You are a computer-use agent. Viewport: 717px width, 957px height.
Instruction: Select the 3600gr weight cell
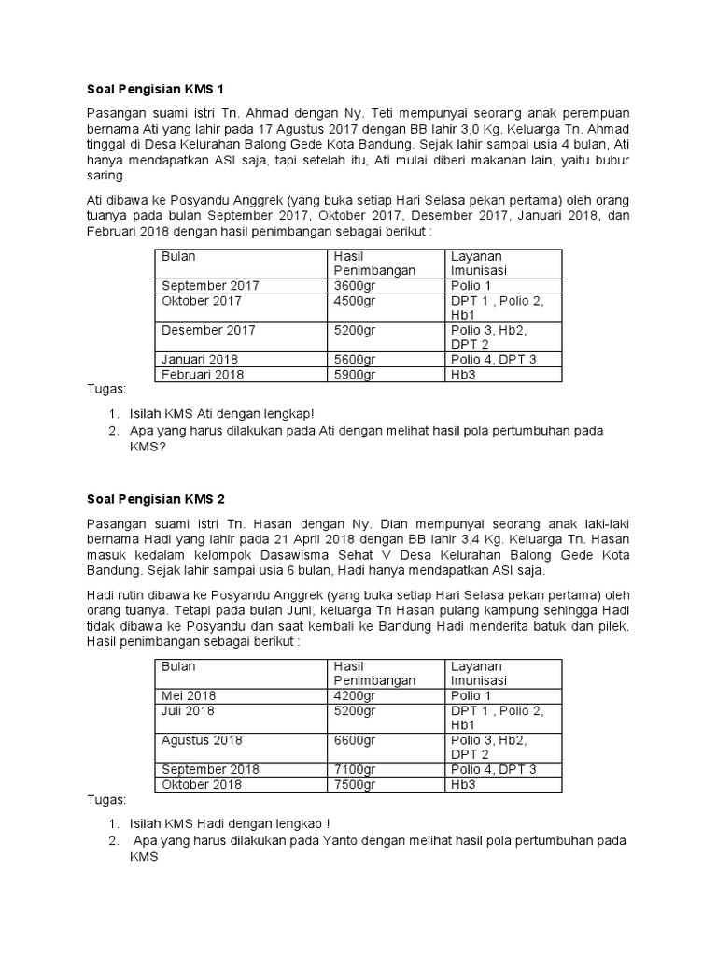[355, 286]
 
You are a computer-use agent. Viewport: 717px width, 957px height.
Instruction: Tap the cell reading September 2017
[210, 286]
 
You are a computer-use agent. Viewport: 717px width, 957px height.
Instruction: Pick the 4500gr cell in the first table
[355, 301]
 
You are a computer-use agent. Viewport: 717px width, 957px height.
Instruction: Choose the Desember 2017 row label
[208, 330]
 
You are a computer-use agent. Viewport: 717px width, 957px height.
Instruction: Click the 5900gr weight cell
[355, 375]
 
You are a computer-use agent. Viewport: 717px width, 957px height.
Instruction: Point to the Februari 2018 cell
[203, 375]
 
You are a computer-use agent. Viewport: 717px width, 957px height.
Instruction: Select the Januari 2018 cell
[200, 360]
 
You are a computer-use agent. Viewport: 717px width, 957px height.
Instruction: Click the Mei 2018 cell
[188, 695]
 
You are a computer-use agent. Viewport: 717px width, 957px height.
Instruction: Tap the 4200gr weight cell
[355, 695]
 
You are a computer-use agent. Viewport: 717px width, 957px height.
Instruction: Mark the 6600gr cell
[355, 740]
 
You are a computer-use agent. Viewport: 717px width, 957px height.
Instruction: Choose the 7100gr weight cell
[355, 769]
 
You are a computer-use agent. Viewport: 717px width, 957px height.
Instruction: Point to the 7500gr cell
[355, 784]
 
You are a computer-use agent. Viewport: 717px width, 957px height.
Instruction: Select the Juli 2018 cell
[188, 711]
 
